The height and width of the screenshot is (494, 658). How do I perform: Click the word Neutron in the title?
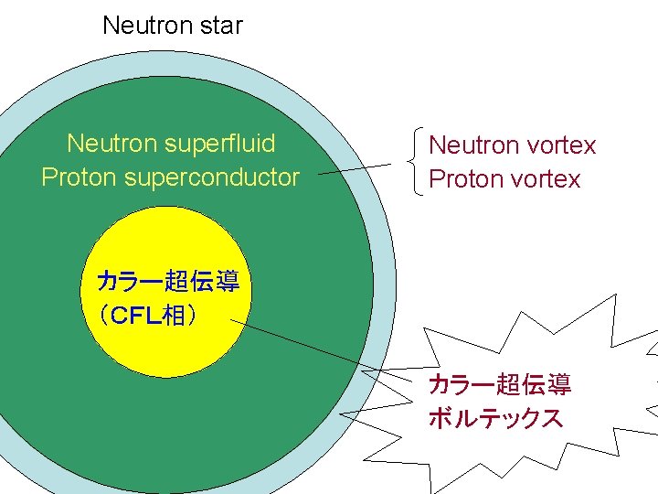pyautogui.click(x=141, y=26)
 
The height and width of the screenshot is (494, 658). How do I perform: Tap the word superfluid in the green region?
pyautogui.click(x=221, y=144)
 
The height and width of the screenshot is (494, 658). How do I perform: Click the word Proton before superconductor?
pyautogui.click(x=72, y=177)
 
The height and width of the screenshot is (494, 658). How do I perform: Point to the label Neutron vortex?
pyautogui.click(x=512, y=145)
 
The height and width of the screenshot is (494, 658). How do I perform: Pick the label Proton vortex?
pyautogui.click(x=504, y=178)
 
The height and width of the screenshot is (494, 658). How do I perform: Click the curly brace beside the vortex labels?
pyautogui.click(x=413, y=161)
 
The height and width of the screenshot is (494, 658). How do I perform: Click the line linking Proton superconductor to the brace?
pyautogui.click(x=356, y=168)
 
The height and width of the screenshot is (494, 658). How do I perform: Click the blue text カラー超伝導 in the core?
pyautogui.click(x=168, y=282)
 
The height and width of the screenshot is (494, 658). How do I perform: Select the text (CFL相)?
pyautogui.click(x=146, y=316)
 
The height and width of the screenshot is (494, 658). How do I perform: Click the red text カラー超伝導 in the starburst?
pyautogui.click(x=500, y=385)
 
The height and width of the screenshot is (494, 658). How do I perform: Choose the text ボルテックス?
pyautogui.click(x=495, y=419)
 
